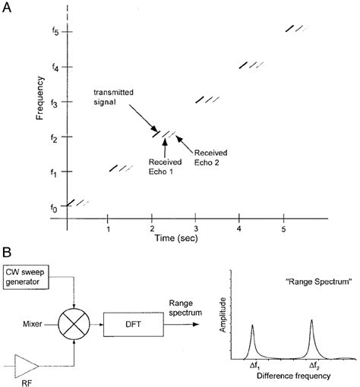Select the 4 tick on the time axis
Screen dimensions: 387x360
[x=239, y=228]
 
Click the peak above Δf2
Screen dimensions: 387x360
[x=311, y=322]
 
